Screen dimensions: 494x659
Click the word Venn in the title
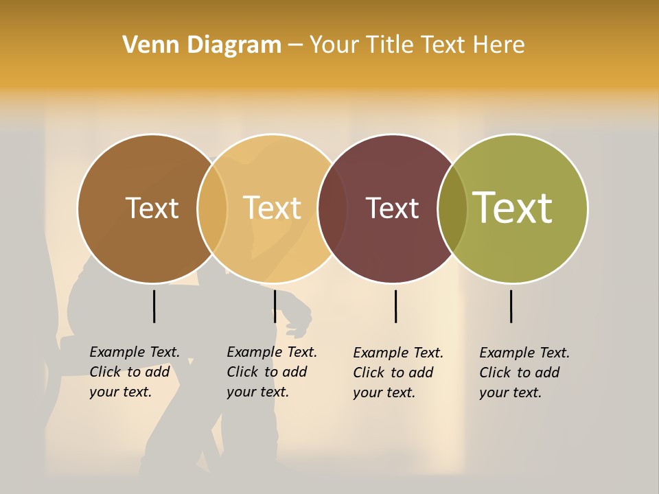pyautogui.click(x=147, y=45)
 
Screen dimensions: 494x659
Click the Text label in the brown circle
pyautogui.click(x=152, y=208)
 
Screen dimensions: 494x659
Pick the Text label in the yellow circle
pyautogui.click(x=273, y=208)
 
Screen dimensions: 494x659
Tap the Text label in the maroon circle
pyautogui.click(x=392, y=208)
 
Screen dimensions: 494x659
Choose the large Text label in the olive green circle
pyautogui.click(x=513, y=208)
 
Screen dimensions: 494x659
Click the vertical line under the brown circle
pyautogui.click(x=154, y=306)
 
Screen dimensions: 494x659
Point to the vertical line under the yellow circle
pyautogui.click(x=275, y=306)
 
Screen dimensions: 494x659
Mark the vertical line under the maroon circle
pyautogui.click(x=395, y=306)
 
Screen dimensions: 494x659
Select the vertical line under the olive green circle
pyautogui.click(x=511, y=306)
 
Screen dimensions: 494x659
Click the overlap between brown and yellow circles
pyautogui.click(x=212, y=208)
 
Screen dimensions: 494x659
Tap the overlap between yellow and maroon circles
pyautogui.click(x=332, y=208)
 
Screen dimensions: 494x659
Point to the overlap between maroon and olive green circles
pyautogui.click(x=452, y=208)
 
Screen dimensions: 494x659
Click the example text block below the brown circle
pyautogui.click(x=135, y=372)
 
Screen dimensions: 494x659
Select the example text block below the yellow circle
pyautogui.click(x=272, y=372)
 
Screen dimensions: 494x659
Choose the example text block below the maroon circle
pyautogui.click(x=398, y=373)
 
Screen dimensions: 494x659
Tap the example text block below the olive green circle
pyautogui.click(x=524, y=373)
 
